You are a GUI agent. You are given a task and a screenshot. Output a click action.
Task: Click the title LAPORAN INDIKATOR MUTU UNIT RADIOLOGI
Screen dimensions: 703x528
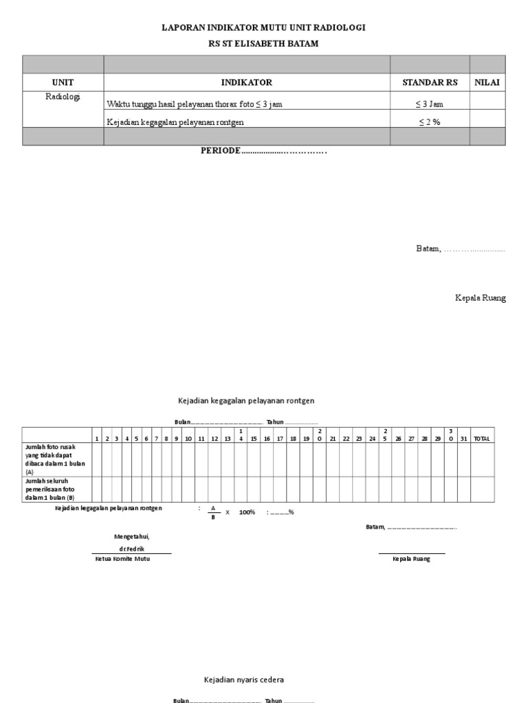(263, 27)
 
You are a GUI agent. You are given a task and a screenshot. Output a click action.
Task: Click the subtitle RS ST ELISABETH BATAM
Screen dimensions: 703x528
(263, 43)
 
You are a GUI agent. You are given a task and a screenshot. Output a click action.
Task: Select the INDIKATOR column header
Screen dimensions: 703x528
(246, 82)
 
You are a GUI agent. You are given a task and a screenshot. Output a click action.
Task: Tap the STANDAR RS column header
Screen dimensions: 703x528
(430, 82)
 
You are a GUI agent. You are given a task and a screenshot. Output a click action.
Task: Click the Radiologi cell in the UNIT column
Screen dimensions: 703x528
(63, 97)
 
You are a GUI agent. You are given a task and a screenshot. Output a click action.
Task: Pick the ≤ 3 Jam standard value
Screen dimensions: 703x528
(430, 104)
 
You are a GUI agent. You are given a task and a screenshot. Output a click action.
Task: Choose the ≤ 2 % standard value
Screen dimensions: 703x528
(430, 122)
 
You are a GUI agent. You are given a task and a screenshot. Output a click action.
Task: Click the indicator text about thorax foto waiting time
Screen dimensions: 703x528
(194, 104)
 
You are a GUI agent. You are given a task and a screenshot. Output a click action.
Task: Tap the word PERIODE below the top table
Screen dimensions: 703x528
(220, 150)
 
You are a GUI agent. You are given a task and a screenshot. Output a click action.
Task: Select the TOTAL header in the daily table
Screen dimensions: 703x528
(481, 439)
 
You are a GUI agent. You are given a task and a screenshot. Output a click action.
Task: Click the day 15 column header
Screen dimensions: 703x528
(253, 439)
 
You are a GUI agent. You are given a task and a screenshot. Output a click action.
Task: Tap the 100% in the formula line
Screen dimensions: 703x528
(247, 512)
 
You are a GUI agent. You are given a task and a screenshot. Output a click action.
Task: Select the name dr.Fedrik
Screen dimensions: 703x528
(131, 549)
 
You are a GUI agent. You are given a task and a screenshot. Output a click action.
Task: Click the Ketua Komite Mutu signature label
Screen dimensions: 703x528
(122, 559)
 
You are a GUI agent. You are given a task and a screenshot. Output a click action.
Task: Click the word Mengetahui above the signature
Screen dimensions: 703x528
(131, 535)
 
